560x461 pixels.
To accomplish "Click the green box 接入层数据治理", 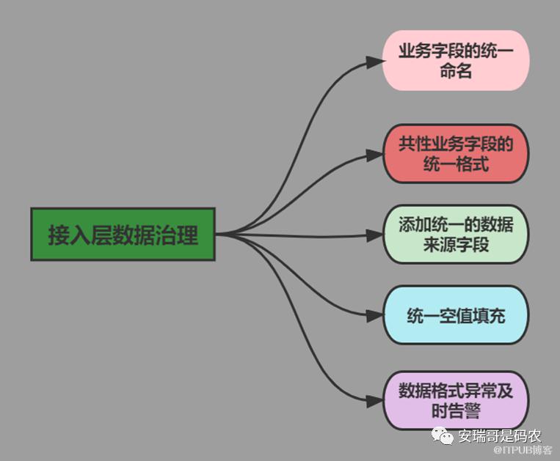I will (x=123, y=235).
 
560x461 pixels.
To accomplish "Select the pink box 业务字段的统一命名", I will (x=456, y=61).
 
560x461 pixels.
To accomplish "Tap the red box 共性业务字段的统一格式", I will (x=456, y=153).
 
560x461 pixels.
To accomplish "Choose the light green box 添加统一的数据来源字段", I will (x=456, y=235).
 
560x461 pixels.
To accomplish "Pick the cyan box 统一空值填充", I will (x=456, y=316).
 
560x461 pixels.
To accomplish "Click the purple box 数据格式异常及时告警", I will (x=456, y=400).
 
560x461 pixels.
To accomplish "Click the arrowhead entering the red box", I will (x=376, y=154).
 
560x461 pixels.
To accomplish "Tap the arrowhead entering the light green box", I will (x=376, y=235).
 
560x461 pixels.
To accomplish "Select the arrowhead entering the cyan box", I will (x=376, y=316).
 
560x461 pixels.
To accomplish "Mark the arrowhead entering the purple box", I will (x=376, y=400).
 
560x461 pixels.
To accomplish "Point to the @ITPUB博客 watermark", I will (x=523, y=450).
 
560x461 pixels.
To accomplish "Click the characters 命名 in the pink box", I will (x=456, y=72).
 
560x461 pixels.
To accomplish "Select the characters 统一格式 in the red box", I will (x=456, y=164).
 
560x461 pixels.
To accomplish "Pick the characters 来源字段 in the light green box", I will (x=456, y=246).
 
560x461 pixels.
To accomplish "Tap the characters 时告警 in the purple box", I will (x=456, y=411).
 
